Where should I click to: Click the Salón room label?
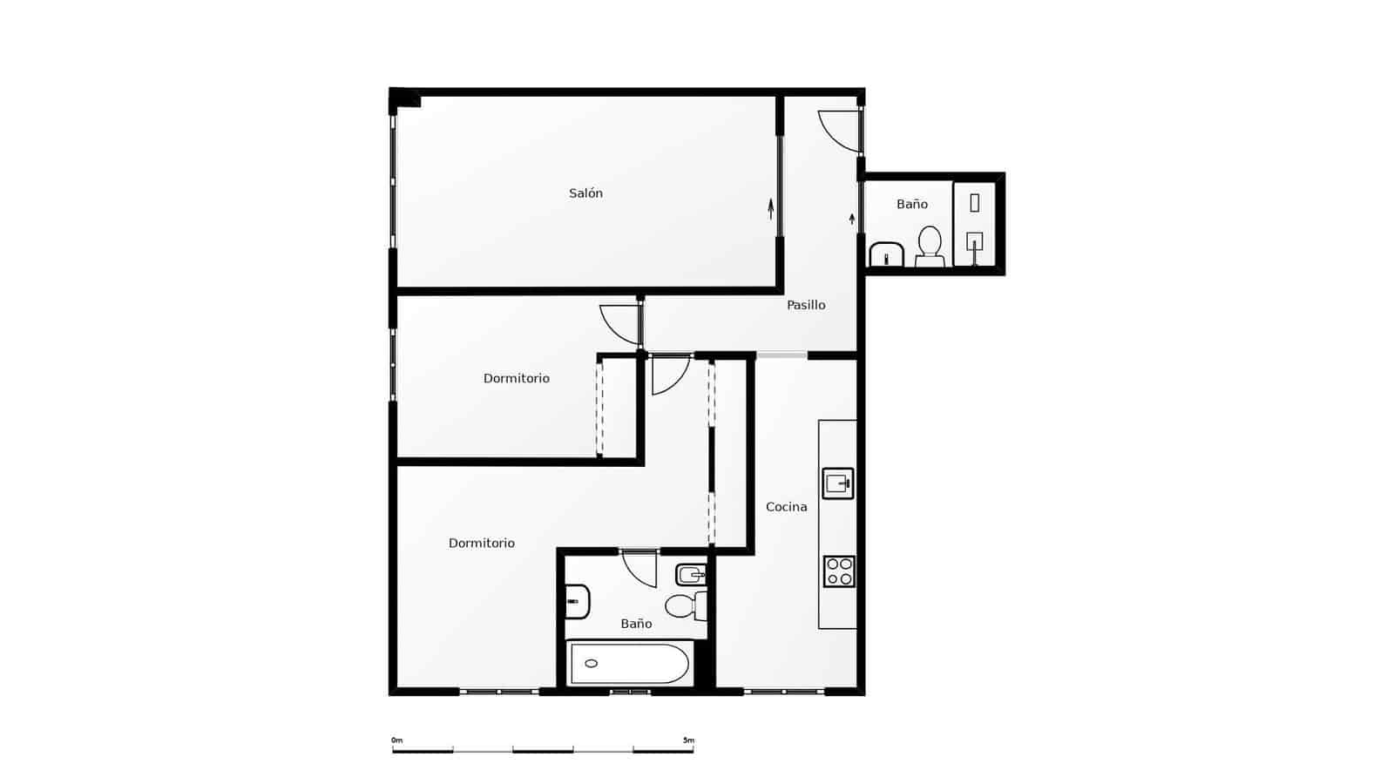tap(585, 193)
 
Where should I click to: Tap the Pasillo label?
tap(806, 305)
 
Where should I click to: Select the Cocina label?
tap(786, 507)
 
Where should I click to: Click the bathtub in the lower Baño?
tap(629, 664)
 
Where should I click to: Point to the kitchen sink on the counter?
tap(838, 483)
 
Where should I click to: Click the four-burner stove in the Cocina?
tap(839, 571)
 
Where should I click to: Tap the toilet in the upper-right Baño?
tap(930, 247)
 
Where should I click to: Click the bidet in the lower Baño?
tap(691, 574)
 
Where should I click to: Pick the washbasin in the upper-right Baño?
tap(886, 255)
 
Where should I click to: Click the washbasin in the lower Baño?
tap(577, 601)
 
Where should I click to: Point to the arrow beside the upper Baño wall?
tap(852, 218)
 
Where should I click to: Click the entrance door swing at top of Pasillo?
tap(839, 131)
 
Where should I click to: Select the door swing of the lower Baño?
tap(640, 567)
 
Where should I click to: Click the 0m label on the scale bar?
tap(396, 740)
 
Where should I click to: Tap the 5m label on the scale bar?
tap(688, 740)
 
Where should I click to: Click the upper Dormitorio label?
tap(516, 378)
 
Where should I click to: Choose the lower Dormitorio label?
tap(481, 543)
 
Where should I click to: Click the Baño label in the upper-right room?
tap(911, 204)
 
